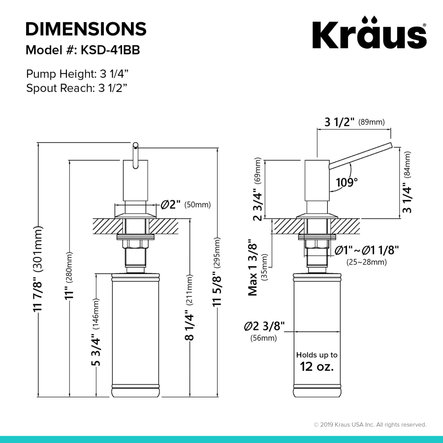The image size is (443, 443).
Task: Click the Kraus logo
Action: coord(369,33)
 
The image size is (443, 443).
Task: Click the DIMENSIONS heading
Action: coord(86,29)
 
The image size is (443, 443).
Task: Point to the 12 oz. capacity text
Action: coord(316,366)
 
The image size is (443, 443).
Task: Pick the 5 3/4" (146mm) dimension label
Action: coord(96,332)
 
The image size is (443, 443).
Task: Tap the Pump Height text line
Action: coord(77,74)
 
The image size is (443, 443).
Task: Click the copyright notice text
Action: coord(370,424)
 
